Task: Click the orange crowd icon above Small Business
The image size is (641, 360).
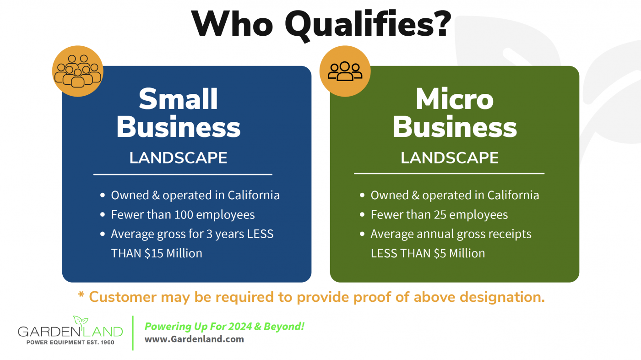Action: (x=77, y=71)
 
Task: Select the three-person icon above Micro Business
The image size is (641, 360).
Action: (x=345, y=71)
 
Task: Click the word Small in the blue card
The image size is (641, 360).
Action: (x=178, y=99)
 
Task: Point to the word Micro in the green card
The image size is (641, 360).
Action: (x=454, y=99)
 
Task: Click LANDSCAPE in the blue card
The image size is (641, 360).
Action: (x=178, y=158)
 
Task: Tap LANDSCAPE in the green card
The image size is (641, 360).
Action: (x=449, y=158)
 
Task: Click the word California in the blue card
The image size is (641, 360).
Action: (x=254, y=195)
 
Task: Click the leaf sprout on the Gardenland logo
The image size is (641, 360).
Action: (x=81, y=321)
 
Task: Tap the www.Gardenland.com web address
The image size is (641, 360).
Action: (x=194, y=339)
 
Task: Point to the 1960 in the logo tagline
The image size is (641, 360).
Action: (x=107, y=343)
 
